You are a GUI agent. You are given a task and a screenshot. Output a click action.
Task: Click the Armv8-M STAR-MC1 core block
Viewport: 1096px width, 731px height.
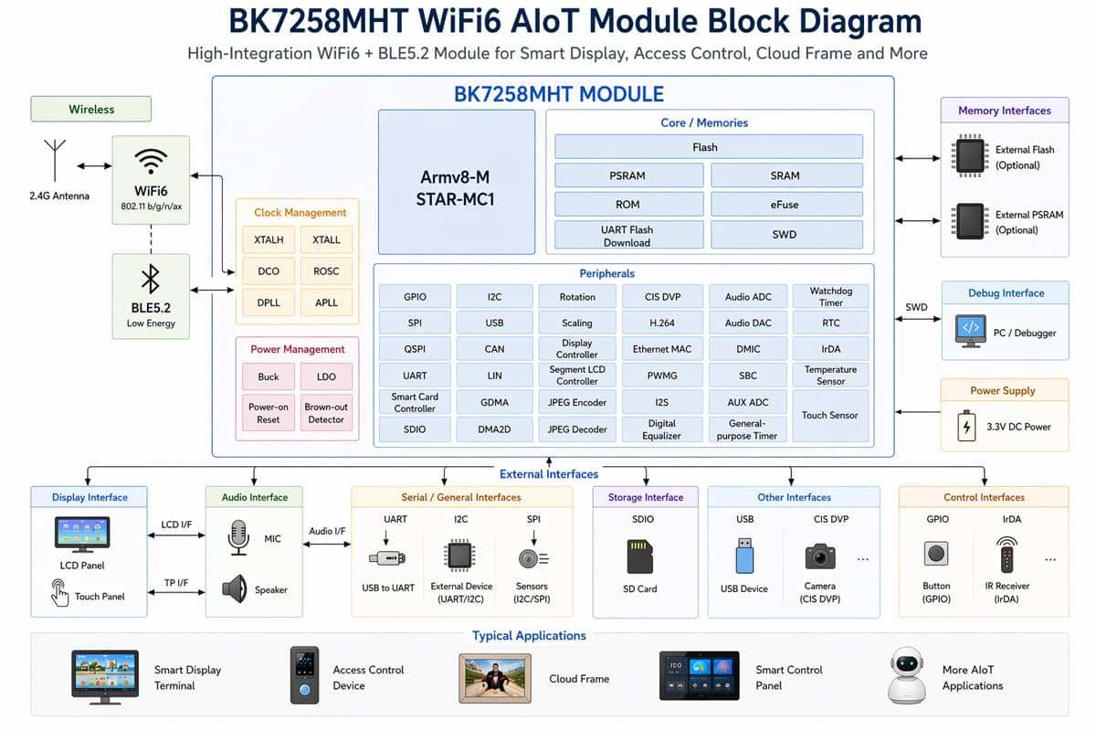(x=457, y=183)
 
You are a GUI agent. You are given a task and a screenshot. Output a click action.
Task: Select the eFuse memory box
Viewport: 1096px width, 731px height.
(x=785, y=204)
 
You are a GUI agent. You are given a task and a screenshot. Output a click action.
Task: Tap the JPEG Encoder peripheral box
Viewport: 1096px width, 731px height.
(x=577, y=402)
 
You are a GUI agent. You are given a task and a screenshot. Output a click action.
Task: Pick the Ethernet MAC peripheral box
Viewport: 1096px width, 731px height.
(x=662, y=349)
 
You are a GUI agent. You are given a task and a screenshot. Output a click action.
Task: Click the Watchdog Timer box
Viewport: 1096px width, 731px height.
(x=830, y=297)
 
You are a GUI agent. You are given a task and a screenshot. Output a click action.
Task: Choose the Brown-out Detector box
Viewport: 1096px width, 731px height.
(x=326, y=413)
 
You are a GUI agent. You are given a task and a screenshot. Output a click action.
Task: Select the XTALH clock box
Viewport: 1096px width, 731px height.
(x=269, y=240)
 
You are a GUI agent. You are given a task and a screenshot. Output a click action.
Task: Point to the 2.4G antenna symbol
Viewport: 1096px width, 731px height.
(x=55, y=160)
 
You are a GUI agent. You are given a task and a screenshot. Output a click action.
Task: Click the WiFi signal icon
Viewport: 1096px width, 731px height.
(x=151, y=163)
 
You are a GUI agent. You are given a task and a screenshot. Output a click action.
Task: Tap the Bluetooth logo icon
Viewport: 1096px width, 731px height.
(x=151, y=279)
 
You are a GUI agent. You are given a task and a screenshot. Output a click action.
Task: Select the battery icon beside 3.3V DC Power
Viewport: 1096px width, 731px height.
(x=966, y=427)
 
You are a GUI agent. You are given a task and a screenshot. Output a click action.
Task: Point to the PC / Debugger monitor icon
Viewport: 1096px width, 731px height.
(x=970, y=331)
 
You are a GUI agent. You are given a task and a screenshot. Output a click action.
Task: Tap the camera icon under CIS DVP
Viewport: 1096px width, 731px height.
(x=820, y=556)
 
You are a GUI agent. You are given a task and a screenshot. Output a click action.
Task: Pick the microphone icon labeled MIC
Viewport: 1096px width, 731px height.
(x=238, y=538)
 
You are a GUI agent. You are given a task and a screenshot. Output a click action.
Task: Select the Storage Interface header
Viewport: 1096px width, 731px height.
(x=645, y=497)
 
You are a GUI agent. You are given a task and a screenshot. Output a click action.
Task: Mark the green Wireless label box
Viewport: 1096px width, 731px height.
(x=91, y=109)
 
